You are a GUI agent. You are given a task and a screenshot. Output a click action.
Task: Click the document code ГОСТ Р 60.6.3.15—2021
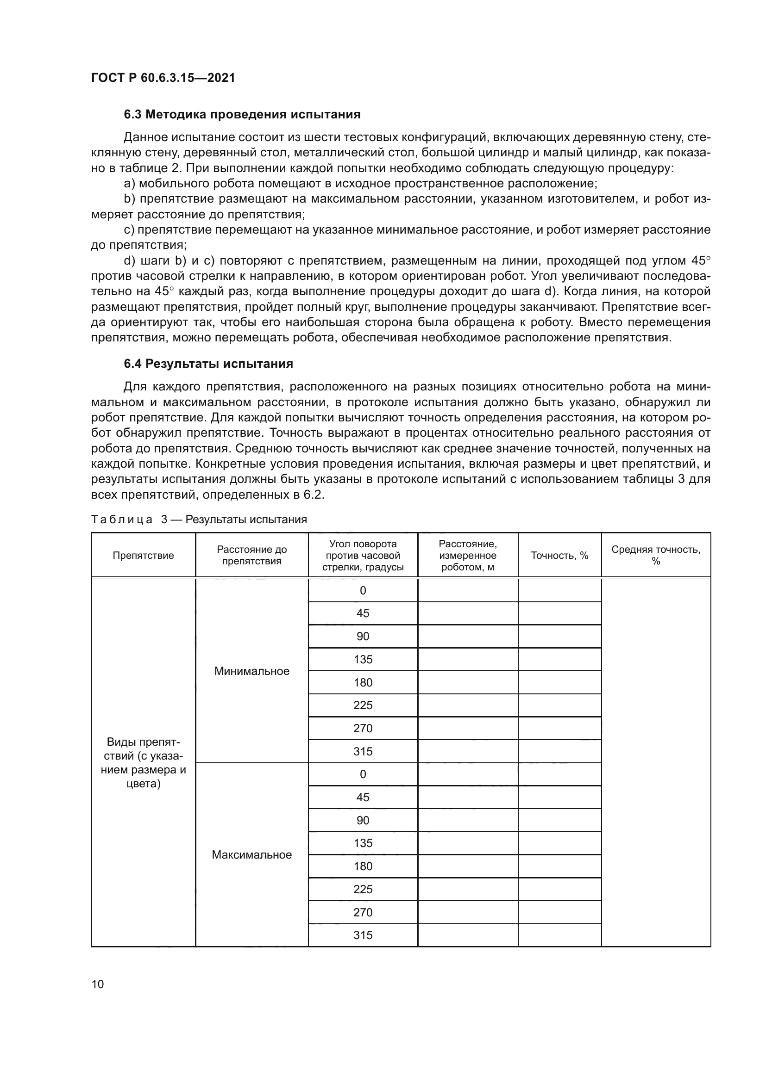pos(163,78)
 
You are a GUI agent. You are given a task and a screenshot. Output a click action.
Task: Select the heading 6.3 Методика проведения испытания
pos(242,115)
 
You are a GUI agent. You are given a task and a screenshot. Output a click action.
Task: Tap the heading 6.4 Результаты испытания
pos(208,364)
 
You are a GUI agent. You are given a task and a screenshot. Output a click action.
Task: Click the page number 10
pos(98,984)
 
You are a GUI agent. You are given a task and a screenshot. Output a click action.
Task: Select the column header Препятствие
pos(143,555)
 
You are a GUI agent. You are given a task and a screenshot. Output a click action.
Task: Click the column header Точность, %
pos(559,555)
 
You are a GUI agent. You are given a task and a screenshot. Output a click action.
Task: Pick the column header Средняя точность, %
pos(656,555)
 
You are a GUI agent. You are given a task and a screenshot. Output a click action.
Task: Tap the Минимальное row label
pos(251,671)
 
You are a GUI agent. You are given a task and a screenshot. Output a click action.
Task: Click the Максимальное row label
pos(251,855)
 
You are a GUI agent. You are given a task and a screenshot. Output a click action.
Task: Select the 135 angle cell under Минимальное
pos(363,659)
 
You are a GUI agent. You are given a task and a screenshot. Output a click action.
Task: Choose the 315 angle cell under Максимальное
pos(363,935)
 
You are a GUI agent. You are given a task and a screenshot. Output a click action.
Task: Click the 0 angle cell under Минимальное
pos(363,590)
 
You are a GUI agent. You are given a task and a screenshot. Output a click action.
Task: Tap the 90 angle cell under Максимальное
pos(363,821)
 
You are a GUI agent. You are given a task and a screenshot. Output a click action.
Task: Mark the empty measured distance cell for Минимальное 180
pos(467,682)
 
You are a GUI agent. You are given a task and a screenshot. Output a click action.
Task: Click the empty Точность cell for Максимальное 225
pos(559,889)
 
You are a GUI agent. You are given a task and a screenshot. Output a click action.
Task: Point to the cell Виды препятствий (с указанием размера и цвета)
pos(143,763)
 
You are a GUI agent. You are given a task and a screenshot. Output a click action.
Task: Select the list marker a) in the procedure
pos(129,183)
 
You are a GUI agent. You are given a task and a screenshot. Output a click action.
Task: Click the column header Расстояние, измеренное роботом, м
pos(467,555)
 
